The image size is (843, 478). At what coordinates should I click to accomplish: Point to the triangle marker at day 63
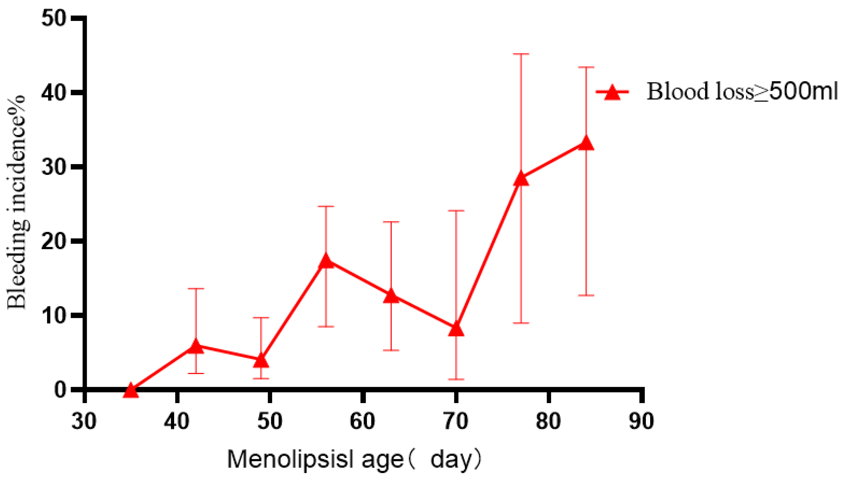(391, 296)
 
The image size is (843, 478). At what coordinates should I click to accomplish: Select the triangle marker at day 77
(521, 179)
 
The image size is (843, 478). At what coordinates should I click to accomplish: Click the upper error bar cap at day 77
(521, 54)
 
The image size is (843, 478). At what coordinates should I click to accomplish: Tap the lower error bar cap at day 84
(586, 296)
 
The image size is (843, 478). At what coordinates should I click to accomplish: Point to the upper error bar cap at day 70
(456, 211)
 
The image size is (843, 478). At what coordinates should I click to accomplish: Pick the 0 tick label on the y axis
(61, 390)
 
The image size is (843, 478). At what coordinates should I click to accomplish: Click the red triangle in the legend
(612, 92)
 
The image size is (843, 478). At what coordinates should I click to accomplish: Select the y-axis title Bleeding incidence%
(17, 202)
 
